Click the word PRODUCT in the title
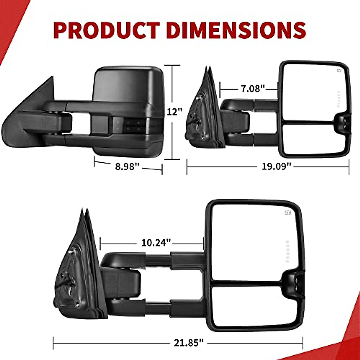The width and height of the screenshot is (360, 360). pos(107,30)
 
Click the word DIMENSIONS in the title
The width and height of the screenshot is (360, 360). pos(236,30)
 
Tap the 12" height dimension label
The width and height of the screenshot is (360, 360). pos(174,112)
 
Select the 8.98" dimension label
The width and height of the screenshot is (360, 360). pos(127,166)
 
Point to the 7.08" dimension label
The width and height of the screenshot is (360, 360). pos(253,88)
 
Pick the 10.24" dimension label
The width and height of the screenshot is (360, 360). pos(156,243)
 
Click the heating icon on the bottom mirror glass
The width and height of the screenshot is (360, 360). pos(288,213)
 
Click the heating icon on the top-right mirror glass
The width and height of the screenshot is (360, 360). pos(339,70)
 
